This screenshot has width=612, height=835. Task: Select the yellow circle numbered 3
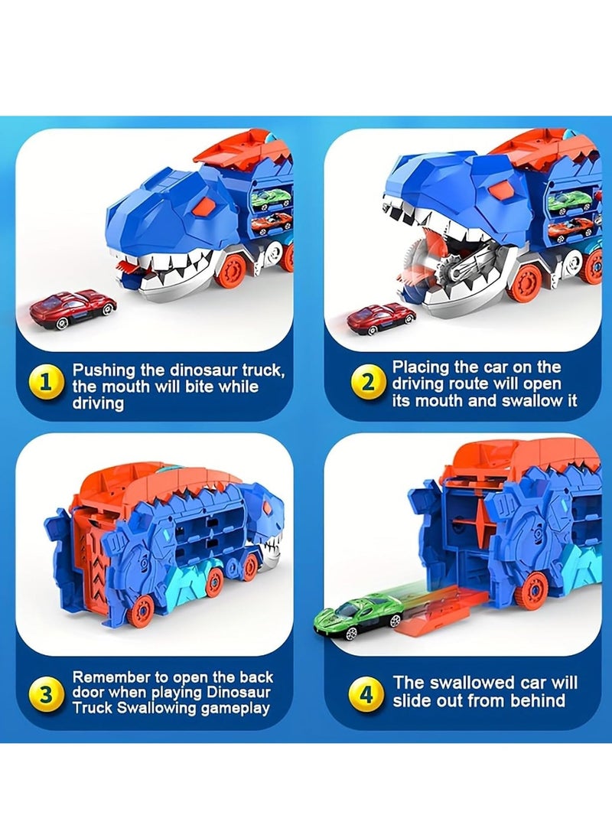(x=46, y=694)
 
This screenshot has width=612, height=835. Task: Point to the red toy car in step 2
(x=380, y=316)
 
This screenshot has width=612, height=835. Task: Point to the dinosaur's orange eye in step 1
(x=203, y=204)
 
